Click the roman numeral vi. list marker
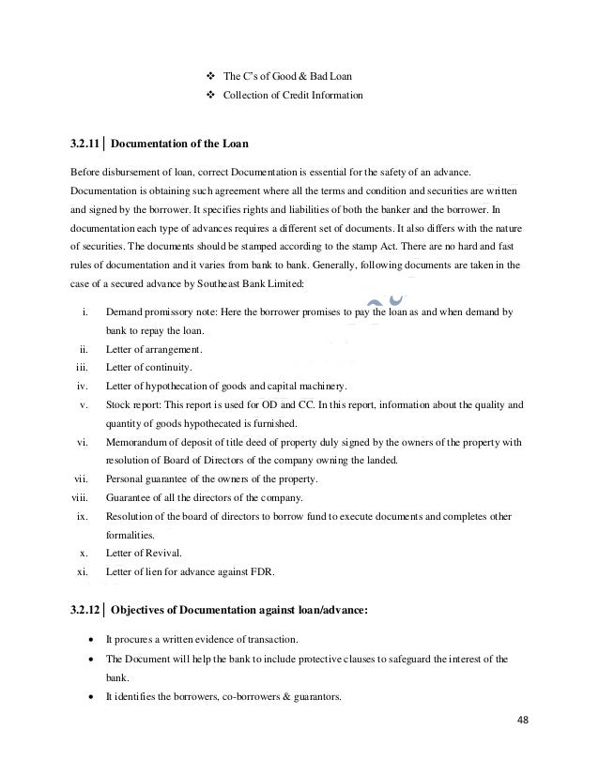click(82, 442)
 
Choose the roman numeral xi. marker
click(82, 572)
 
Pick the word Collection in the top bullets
click(242, 95)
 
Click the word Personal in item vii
click(125, 479)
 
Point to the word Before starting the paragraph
click(87, 174)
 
